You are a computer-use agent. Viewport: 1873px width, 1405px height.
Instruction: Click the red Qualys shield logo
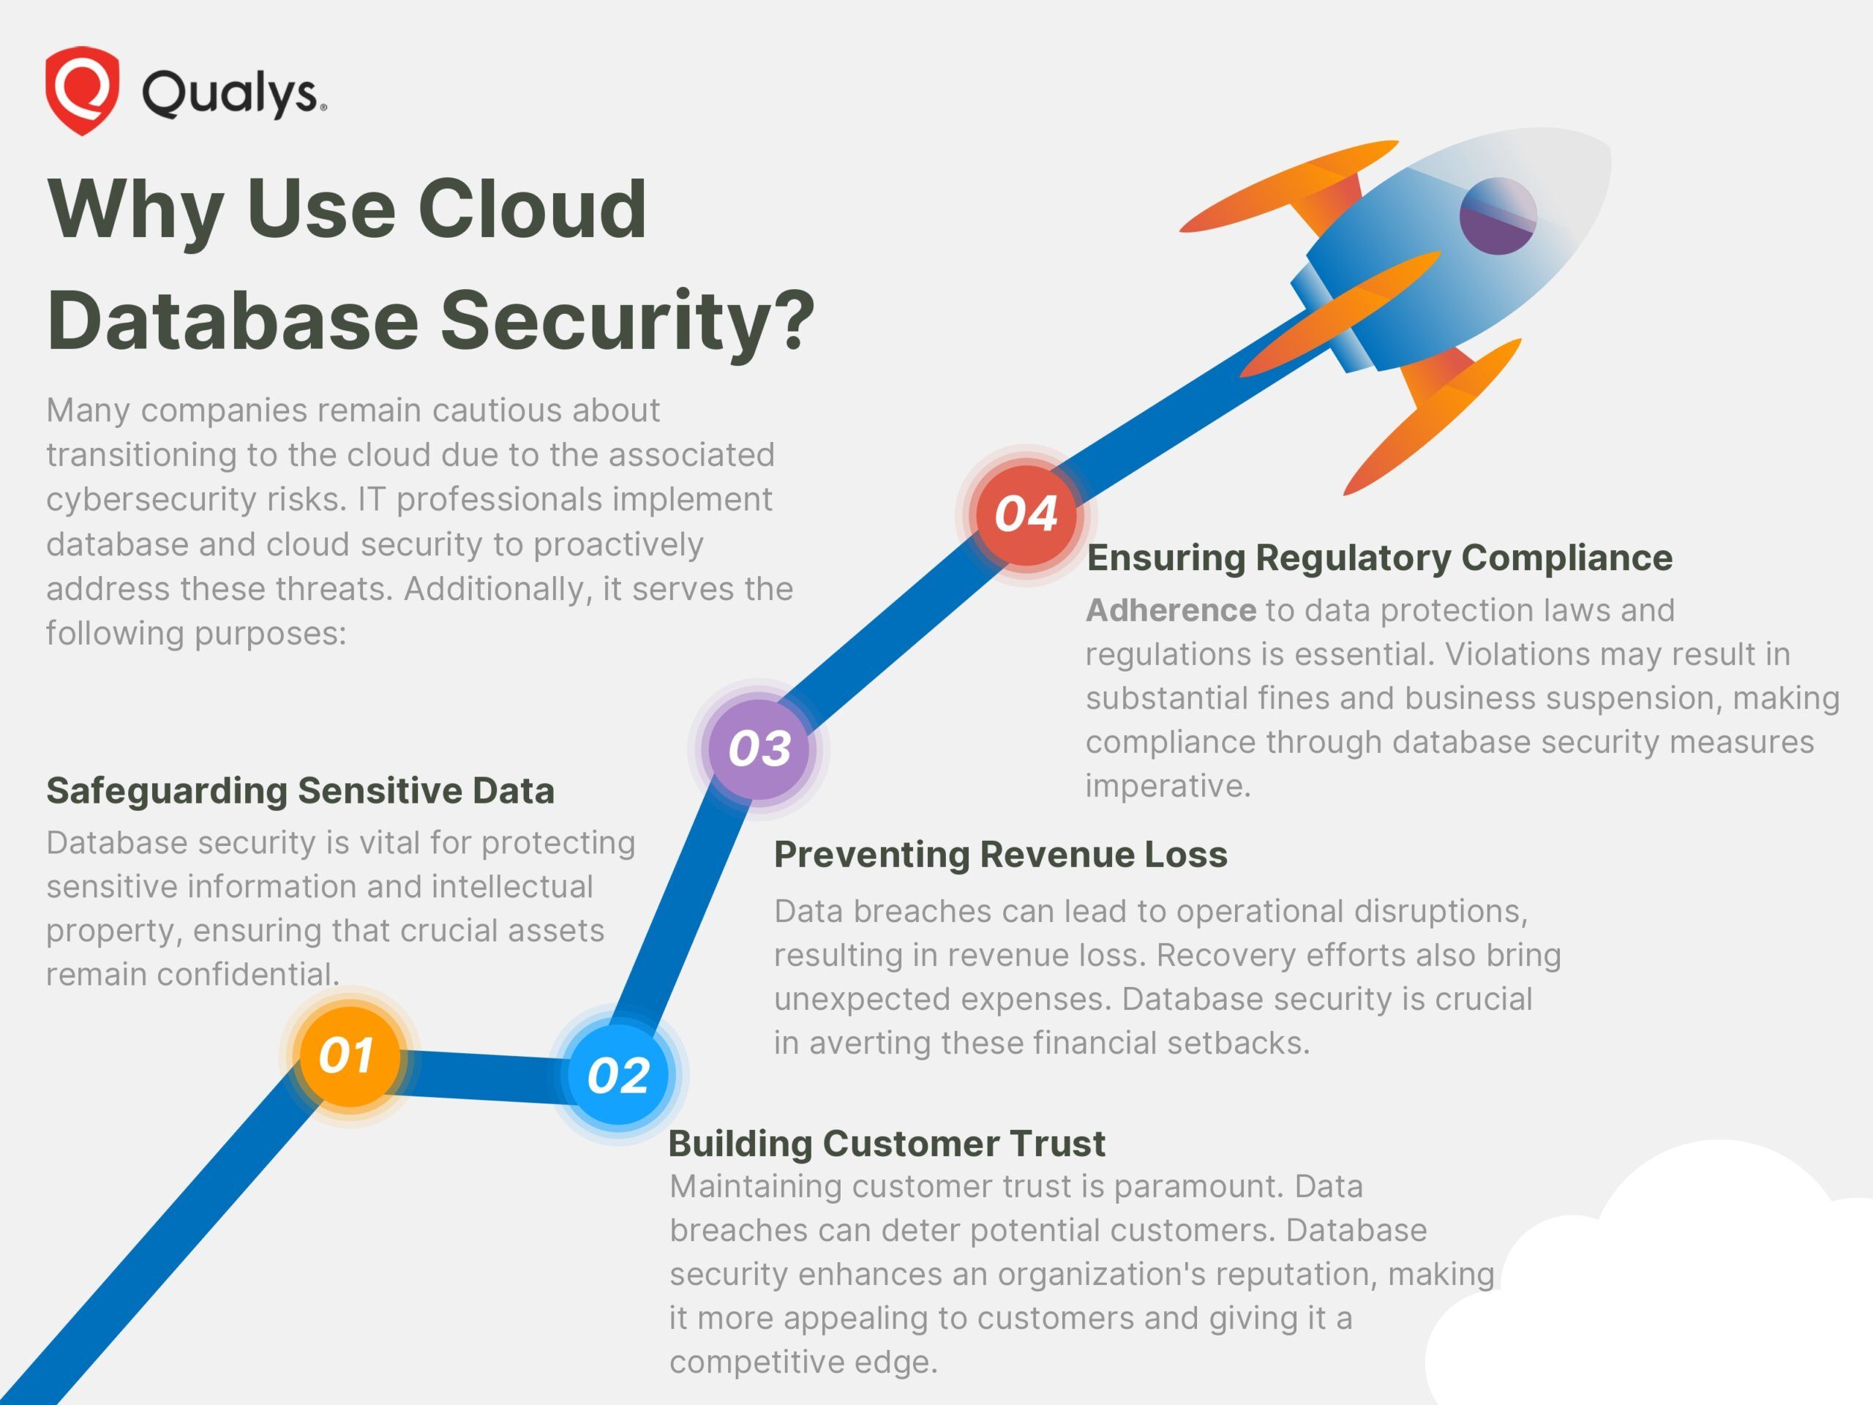81,90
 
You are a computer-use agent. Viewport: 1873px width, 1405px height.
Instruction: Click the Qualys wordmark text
233,92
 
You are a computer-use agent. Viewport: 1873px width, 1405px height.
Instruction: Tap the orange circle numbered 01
349,1056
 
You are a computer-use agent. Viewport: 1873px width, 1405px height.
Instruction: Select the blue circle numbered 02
619,1076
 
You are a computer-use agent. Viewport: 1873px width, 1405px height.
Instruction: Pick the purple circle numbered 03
759,749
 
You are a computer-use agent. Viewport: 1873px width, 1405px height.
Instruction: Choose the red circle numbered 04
1026,514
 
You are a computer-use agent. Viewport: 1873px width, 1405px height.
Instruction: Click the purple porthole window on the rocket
1497,215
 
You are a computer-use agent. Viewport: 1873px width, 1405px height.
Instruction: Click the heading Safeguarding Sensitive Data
300,790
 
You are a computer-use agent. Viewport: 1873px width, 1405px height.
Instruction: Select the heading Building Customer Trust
886,1143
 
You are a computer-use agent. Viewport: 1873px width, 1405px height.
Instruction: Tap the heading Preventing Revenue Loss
1000,855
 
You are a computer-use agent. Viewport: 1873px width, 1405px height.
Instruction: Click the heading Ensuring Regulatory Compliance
1379,558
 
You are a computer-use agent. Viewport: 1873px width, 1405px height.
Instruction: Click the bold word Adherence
1170,610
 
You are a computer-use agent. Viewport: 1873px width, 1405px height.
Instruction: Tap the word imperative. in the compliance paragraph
1168,786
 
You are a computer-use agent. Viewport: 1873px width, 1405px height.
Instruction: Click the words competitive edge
803,1362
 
